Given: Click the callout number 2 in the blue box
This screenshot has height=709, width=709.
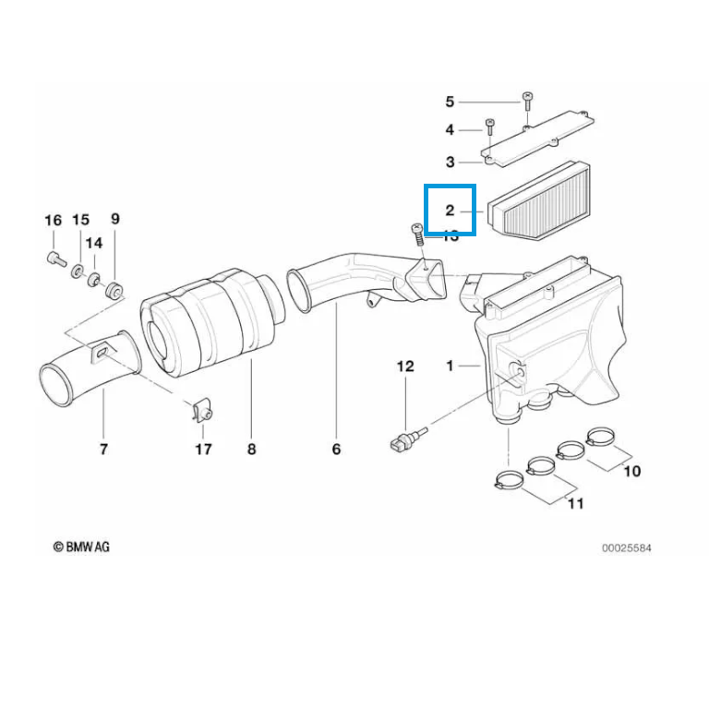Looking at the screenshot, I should pos(450,211).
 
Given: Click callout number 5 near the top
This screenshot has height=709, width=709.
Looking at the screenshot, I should pos(450,102).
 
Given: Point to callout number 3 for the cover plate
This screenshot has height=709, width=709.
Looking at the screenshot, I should pos(450,162).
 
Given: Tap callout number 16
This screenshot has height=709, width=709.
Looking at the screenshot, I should pos(53,220).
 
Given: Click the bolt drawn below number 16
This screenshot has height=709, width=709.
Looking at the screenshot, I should pos(54,258).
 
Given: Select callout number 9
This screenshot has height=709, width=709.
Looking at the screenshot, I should pos(115,219).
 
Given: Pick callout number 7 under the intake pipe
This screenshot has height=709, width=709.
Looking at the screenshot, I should pos(103,450).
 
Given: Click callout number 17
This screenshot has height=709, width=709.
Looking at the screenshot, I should pos(203,450).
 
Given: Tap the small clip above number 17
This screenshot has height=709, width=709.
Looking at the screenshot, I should pos(202,411).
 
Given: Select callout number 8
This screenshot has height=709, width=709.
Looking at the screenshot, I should pos(251,450).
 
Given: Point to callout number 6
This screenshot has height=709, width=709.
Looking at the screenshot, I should pos(336,450).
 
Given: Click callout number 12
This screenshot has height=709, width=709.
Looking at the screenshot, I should pos(406,367).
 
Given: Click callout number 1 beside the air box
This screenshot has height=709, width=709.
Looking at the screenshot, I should pos(450,367).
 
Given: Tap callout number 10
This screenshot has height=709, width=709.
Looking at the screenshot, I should pos(632,471).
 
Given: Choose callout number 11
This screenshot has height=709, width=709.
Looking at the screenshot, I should pos(575,504).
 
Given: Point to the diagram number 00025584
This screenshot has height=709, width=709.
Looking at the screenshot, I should pos(627,547).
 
